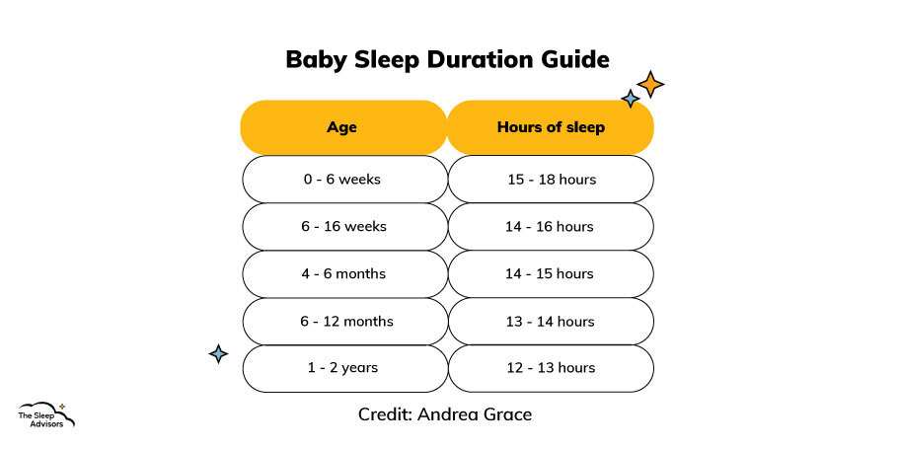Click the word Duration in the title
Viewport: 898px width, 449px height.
pyautogui.click(x=486, y=59)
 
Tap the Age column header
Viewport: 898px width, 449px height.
pyautogui.click(x=343, y=127)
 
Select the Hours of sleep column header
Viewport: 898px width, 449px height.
pyautogui.click(x=551, y=127)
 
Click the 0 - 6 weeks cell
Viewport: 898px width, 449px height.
pyautogui.click(x=344, y=180)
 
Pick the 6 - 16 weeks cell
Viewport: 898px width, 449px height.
pyautogui.click(x=344, y=227)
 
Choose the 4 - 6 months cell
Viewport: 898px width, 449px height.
pyautogui.click(x=344, y=273)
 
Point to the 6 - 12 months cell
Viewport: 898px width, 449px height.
pyautogui.click(x=344, y=322)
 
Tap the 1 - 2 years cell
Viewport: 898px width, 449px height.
pyautogui.click(x=344, y=368)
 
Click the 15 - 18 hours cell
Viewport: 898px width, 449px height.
pyautogui.click(x=551, y=180)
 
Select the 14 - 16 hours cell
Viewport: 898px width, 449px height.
pyautogui.click(x=551, y=227)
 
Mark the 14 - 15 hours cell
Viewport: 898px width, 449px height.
pyautogui.click(x=551, y=273)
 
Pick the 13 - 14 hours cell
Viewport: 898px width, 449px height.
pyautogui.click(x=551, y=322)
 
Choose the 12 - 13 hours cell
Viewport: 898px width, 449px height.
pyautogui.click(x=551, y=368)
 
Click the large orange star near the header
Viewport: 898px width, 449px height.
pyautogui.click(x=650, y=85)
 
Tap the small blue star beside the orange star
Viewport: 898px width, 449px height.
pyautogui.click(x=631, y=99)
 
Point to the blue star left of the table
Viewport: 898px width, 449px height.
pyautogui.click(x=218, y=354)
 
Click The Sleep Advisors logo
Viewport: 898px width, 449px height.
pyautogui.click(x=45, y=414)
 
